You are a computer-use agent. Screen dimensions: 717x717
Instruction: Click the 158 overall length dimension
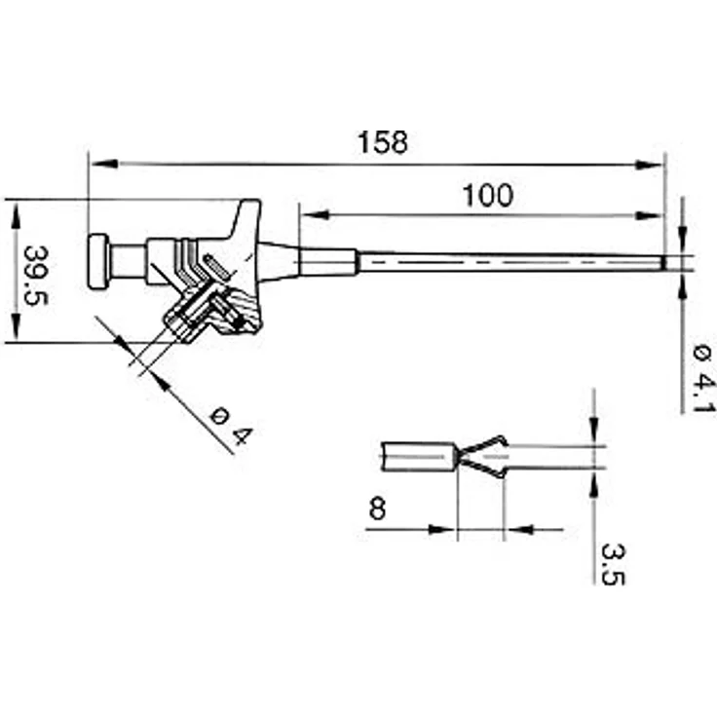coord(382,142)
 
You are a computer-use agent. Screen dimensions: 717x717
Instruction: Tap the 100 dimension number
coord(488,196)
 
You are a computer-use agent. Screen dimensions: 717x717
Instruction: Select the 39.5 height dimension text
coord(36,276)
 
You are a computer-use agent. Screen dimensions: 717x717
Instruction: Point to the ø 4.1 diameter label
coord(702,379)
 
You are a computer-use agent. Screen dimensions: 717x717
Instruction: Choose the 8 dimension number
coord(377,509)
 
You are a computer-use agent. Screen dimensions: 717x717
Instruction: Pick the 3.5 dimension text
coord(613,564)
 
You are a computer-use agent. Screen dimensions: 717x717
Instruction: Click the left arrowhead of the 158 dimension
coord(104,164)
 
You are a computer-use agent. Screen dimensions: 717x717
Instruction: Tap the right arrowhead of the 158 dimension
coord(649,165)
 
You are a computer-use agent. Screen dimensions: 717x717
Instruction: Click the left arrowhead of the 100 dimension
coord(315,214)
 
